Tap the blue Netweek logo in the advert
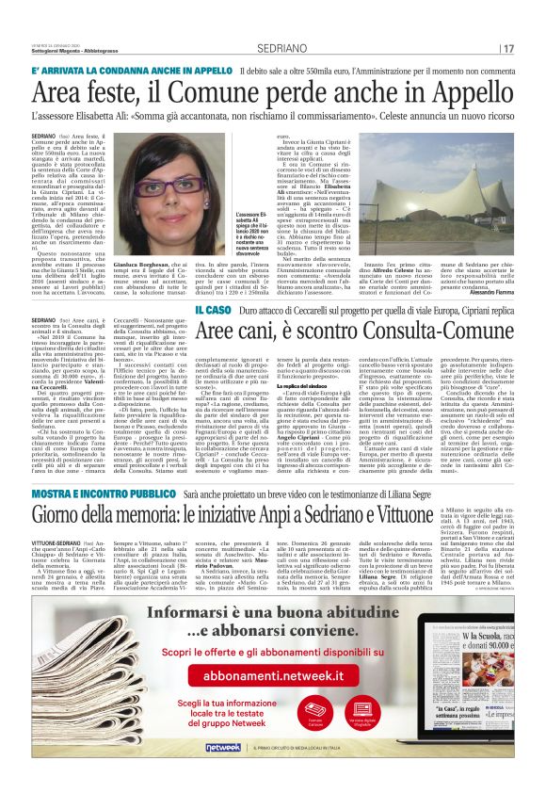pyautogui.click(x=224, y=747)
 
